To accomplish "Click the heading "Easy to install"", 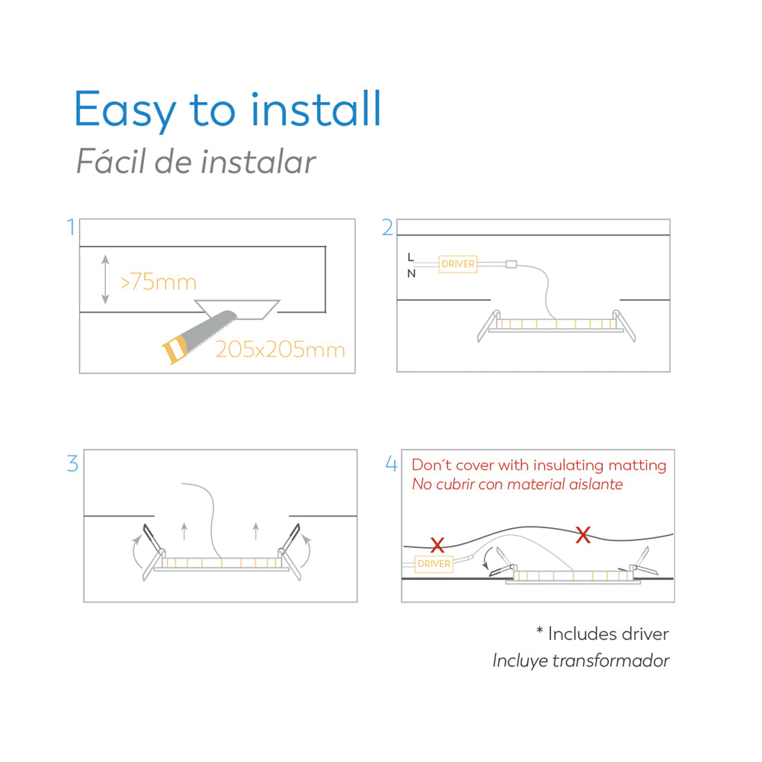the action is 227,110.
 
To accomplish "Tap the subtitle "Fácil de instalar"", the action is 196,161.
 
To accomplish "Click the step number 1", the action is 72,227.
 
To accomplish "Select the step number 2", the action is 387,227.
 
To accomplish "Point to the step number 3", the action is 72,463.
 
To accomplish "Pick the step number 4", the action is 391,463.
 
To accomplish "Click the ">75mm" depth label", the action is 158,282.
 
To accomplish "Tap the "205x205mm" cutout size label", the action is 280,350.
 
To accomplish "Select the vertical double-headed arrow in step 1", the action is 105,280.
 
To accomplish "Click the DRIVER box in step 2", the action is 458,264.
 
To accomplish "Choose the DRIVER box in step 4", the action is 434,564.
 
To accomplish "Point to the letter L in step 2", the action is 411,257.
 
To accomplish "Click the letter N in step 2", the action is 411,274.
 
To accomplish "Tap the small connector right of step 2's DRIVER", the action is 511,264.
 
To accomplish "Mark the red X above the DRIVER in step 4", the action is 437,545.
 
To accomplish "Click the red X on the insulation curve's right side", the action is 583,535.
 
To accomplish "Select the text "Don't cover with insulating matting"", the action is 539,465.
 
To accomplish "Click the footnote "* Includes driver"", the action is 603,634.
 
